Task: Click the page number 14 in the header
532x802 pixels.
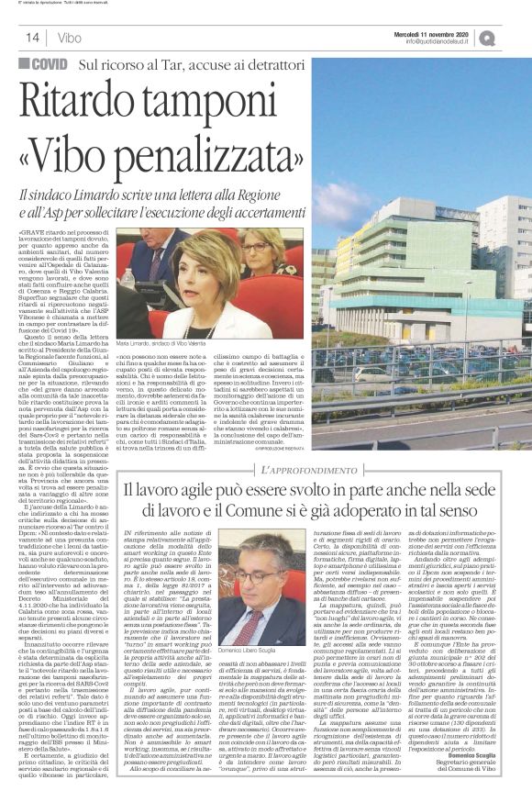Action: pos(31,38)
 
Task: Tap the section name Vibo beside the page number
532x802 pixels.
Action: pos(68,38)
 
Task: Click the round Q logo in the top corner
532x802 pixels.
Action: pos(512,38)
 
